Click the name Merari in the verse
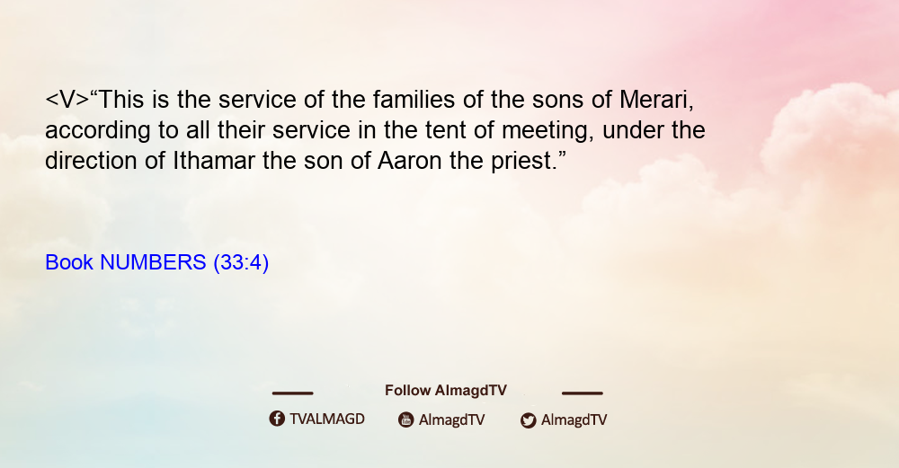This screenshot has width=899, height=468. [656, 100]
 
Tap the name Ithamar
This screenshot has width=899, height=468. [214, 161]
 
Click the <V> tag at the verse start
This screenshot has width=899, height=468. [67, 100]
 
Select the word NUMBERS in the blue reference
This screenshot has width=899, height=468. [153, 262]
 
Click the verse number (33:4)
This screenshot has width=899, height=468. [241, 262]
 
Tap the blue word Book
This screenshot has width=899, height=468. [69, 262]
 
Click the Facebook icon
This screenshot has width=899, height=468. [277, 419]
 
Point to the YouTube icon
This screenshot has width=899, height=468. [406, 419]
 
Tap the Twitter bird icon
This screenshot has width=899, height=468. [528, 420]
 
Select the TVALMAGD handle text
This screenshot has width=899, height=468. [327, 419]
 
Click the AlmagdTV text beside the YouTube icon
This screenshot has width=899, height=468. [452, 419]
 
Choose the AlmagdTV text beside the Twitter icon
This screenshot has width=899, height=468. [574, 419]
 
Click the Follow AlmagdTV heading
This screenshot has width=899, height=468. [446, 391]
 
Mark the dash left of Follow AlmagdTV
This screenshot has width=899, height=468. [292, 393]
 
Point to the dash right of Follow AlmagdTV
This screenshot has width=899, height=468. [583, 393]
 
